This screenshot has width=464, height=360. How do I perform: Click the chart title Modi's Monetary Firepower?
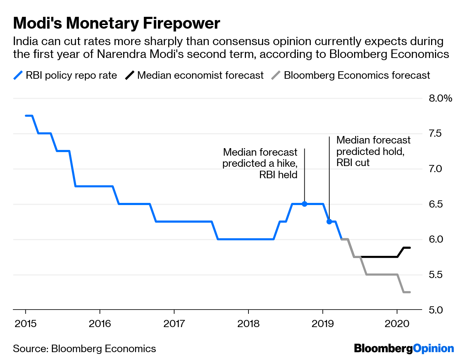click(116, 23)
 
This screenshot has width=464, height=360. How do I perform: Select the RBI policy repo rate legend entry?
click(66, 76)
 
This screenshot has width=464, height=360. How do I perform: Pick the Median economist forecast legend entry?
click(195, 76)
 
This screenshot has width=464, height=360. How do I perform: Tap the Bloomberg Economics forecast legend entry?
click(351, 76)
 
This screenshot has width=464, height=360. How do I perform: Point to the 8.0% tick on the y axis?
click(440, 98)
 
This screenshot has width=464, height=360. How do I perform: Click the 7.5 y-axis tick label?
click(435, 133)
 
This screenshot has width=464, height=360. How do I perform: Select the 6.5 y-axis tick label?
click(435, 204)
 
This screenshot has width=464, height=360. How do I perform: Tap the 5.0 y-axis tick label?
click(435, 310)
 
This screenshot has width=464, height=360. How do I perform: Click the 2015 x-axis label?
click(26, 324)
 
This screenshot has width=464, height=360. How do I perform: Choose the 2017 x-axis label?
click(174, 324)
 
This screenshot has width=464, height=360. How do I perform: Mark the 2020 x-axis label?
click(397, 324)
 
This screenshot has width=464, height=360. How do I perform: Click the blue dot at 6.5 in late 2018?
click(305, 204)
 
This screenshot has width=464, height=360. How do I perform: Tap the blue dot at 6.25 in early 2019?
click(329, 222)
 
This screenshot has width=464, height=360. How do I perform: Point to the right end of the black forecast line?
click(410, 248)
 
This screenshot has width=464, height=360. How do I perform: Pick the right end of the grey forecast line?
click(410, 292)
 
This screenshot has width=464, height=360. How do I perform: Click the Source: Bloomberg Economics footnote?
click(84, 349)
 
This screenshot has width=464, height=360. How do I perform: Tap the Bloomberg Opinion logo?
click(404, 349)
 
